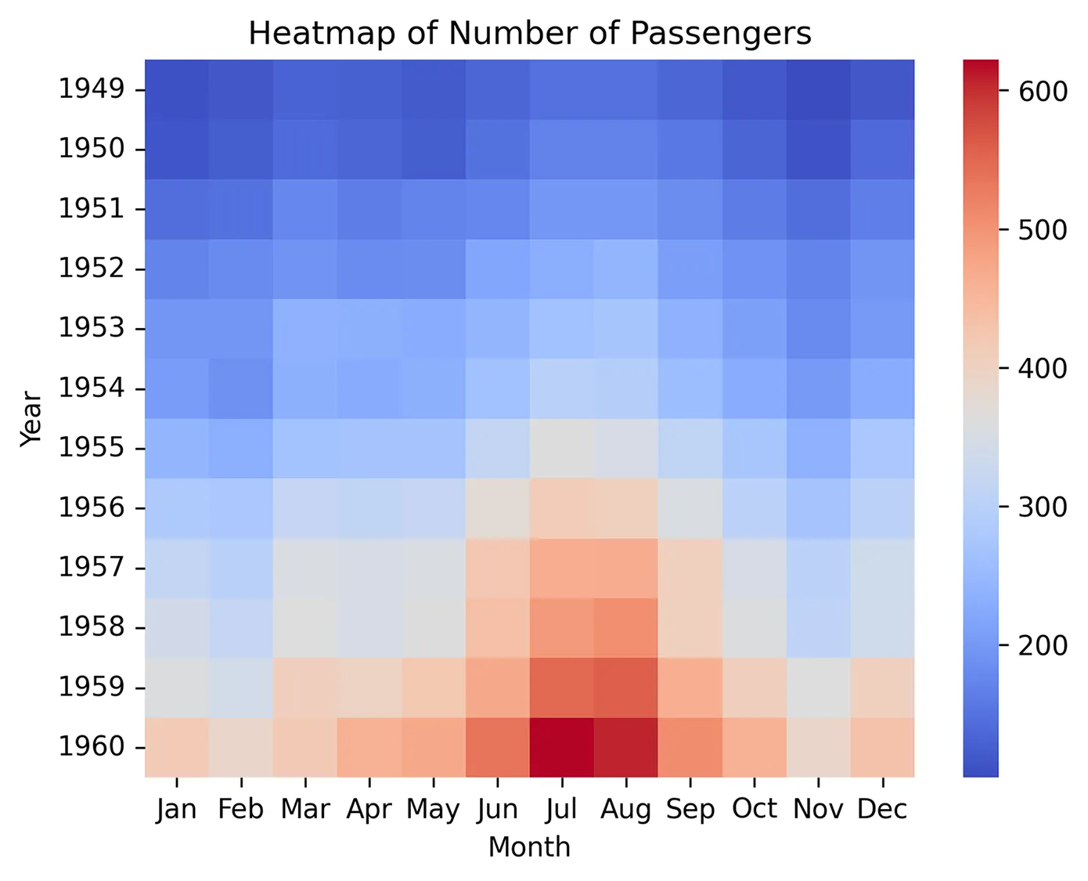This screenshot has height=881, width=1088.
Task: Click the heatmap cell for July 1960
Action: (562, 747)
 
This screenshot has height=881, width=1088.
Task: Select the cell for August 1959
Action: (626, 688)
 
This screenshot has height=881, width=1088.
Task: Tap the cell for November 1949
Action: (819, 89)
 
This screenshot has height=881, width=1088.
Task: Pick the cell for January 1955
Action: (177, 448)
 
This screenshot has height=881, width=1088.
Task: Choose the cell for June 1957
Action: (498, 568)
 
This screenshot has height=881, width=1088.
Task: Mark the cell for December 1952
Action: (883, 269)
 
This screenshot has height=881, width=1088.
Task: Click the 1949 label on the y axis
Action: (92, 89)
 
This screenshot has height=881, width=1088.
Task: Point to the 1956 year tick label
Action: (92, 508)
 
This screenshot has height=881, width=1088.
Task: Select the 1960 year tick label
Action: (92, 747)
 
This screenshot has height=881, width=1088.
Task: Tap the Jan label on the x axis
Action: (177, 809)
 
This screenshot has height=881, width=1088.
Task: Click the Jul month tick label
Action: (562, 809)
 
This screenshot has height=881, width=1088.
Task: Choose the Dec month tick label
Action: (882, 809)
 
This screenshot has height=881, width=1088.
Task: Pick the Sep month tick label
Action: (690, 809)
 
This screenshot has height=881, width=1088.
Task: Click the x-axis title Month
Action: (529, 847)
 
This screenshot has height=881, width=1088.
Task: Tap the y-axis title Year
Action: (31, 418)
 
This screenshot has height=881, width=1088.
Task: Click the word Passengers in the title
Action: (721, 34)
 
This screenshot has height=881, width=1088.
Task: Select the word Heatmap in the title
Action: (305, 34)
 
